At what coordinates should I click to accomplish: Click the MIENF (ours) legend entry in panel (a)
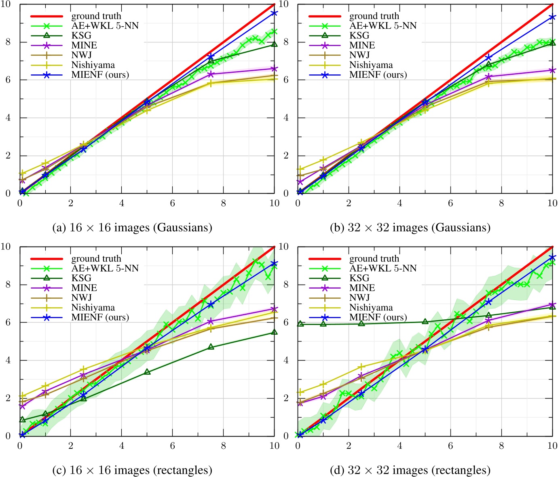pos(100,75)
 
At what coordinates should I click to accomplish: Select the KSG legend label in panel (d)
pos(359,278)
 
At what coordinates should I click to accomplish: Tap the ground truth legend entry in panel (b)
pos(374,16)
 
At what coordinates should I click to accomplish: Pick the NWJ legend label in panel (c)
pos(81,298)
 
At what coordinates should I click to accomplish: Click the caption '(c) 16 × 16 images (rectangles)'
pos(132,470)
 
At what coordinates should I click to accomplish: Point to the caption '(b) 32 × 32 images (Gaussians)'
pos(410,228)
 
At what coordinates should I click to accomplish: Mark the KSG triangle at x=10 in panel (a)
pos(275,44)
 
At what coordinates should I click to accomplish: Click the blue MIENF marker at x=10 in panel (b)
pos(552,17)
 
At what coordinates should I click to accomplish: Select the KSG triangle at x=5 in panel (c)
pos(147,372)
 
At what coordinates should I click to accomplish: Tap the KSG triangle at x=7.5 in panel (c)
pos(211,347)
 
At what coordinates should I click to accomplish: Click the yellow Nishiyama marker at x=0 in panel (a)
pos(23,173)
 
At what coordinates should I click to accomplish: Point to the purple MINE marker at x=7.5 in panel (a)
pos(211,74)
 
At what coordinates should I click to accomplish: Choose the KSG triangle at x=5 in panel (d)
pos(425,321)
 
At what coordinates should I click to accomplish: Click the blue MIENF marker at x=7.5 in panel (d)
pos(488,302)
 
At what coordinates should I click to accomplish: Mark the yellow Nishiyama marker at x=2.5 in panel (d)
pos(361,367)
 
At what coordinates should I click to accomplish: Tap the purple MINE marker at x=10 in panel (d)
pos(552,304)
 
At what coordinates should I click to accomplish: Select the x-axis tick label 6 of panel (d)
pos(450,445)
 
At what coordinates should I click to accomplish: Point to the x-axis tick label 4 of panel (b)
pos(399,203)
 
